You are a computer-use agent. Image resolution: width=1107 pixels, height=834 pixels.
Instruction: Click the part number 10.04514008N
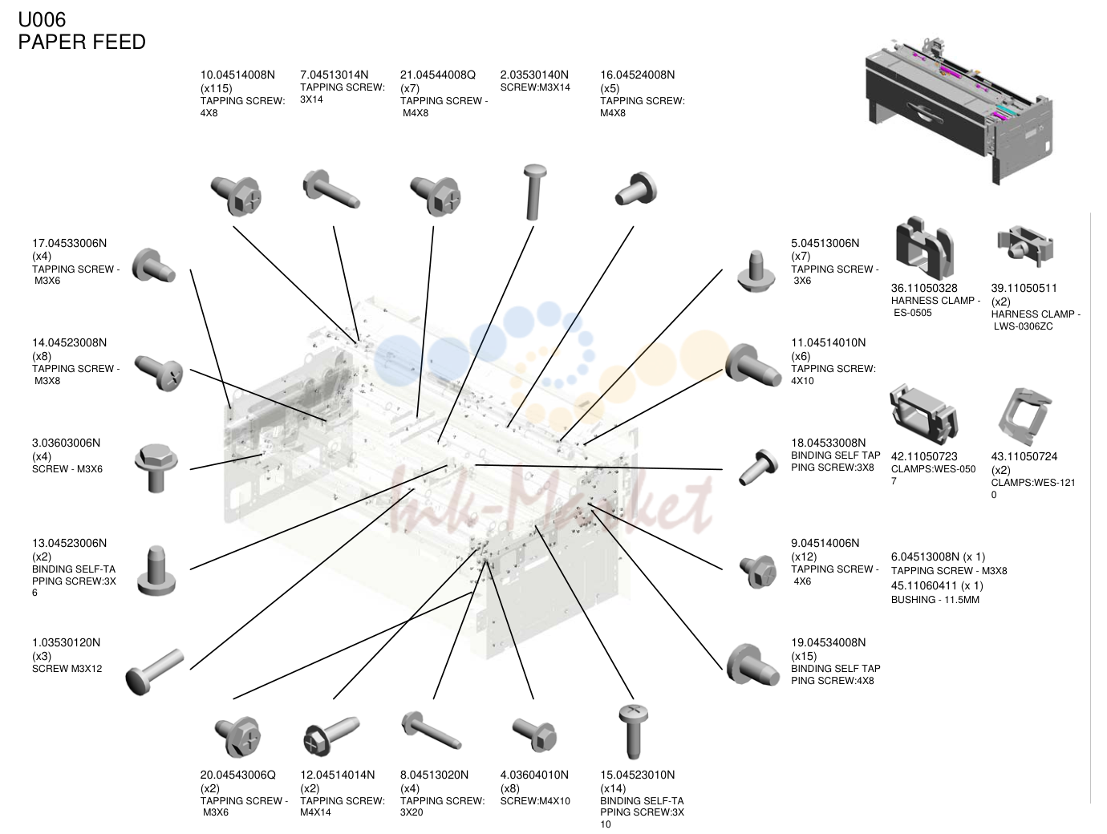pyautogui.click(x=237, y=75)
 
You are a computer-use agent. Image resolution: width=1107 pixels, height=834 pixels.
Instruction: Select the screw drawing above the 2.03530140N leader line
pyautogui.click(x=534, y=192)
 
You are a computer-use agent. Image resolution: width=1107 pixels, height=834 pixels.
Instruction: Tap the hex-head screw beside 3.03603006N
pyautogui.click(x=156, y=468)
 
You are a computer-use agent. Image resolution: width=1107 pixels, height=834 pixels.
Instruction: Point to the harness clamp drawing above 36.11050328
pyautogui.click(x=924, y=248)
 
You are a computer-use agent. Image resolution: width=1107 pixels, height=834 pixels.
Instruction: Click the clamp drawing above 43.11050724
pyautogui.click(x=1024, y=417)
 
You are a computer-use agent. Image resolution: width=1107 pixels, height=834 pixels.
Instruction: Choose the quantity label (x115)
pyautogui.click(x=216, y=89)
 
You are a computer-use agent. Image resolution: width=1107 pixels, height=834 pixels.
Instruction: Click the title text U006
pyautogui.click(x=42, y=20)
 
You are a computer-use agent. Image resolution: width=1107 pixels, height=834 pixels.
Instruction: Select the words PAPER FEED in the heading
pyautogui.click(x=82, y=43)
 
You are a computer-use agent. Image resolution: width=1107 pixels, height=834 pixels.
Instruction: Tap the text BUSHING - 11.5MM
pyautogui.click(x=935, y=600)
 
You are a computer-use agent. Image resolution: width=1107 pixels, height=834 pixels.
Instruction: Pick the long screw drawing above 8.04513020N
pyautogui.click(x=432, y=731)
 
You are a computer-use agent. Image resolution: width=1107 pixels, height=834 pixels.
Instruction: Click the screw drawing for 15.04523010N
pyautogui.click(x=634, y=731)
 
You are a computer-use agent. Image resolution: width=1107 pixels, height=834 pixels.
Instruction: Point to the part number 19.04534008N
pyautogui.click(x=828, y=642)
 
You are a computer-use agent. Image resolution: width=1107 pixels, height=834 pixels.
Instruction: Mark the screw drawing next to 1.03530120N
pyautogui.click(x=154, y=672)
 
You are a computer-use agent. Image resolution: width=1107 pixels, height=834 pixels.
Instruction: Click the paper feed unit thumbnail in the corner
pyautogui.click(x=959, y=111)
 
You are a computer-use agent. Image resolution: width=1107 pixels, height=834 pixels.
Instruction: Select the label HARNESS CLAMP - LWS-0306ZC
pyautogui.click(x=1036, y=320)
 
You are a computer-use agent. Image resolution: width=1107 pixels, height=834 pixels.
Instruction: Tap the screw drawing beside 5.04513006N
pyautogui.click(x=756, y=271)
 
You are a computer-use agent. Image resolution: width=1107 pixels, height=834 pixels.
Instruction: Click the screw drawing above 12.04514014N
pyautogui.click(x=331, y=735)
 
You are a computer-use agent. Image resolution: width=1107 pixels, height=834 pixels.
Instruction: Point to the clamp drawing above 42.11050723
pyautogui.click(x=924, y=415)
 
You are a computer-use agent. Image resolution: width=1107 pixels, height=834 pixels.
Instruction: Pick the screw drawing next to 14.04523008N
pyautogui.click(x=158, y=372)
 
